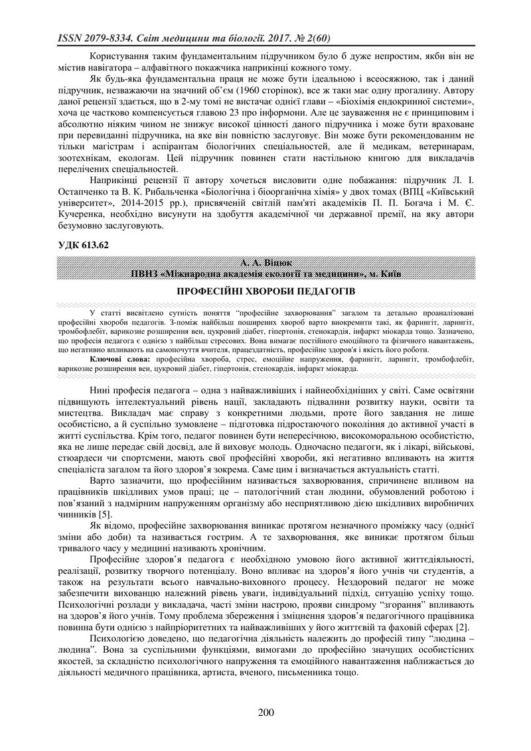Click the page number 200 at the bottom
(x=265, y=713)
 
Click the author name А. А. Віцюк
(x=265, y=263)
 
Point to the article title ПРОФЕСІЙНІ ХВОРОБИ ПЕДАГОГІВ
(x=265, y=291)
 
